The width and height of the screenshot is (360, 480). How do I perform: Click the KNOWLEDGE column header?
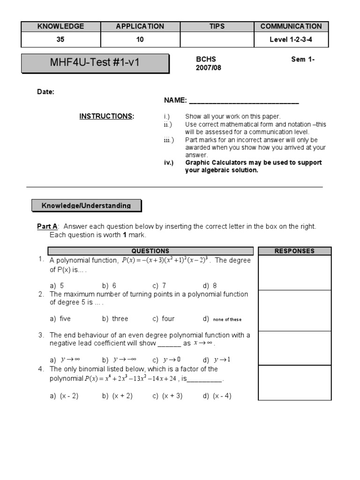(x=60, y=27)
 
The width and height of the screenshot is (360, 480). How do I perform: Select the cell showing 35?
(x=60, y=40)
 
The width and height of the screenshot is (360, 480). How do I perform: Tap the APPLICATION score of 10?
(x=140, y=40)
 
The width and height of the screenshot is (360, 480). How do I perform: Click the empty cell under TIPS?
(x=217, y=40)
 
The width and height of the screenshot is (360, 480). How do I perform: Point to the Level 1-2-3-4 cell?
(x=291, y=40)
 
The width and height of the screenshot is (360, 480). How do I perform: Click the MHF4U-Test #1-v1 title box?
(x=95, y=63)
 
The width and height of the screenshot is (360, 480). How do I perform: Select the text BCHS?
(x=206, y=60)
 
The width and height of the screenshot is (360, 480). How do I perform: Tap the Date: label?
(x=46, y=92)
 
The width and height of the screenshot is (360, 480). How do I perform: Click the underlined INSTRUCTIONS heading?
(x=106, y=116)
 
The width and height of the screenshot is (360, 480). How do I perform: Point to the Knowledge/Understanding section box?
(x=86, y=206)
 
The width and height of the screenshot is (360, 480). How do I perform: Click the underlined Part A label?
(x=47, y=226)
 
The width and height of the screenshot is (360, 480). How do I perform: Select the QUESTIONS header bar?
(x=150, y=251)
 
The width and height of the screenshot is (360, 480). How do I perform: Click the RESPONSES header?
(x=294, y=251)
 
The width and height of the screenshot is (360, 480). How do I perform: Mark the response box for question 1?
(x=294, y=273)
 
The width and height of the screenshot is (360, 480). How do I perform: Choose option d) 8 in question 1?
(x=210, y=285)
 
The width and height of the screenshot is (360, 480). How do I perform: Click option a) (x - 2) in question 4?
(x=64, y=396)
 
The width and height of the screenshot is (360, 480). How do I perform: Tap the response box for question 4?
(x=294, y=383)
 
